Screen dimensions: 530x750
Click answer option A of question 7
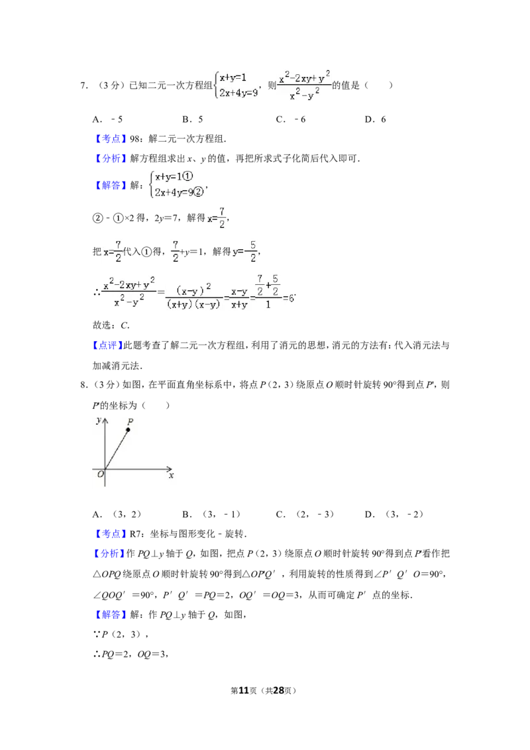pyautogui.click(x=107, y=119)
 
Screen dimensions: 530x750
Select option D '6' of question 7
pyautogui.click(x=376, y=119)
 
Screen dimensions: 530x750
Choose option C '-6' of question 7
pyautogui.click(x=291, y=119)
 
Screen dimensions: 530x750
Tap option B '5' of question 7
pyautogui.click(x=193, y=119)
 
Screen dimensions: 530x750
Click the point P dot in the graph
pyautogui.click(x=128, y=429)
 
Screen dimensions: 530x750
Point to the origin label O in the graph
pyautogui.click(x=101, y=474)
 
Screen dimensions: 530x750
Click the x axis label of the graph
pyautogui.click(x=171, y=476)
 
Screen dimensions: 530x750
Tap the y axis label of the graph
pyautogui.click(x=99, y=421)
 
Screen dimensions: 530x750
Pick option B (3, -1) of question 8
pyautogui.click(x=211, y=515)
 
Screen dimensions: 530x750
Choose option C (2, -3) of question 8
pyautogui.click(x=305, y=515)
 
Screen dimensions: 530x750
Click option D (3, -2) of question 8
pyautogui.click(x=394, y=515)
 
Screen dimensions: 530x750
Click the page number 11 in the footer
pyautogui.click(x=244, y=690)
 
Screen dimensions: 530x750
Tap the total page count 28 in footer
pyautogui.click(x=279, y=690)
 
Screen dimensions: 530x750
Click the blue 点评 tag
pyautogui.click(x=107, y=345)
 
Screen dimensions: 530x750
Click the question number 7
pyautogui.click(x=83, y=85)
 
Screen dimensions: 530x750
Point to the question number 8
pyautogui.click(x=83, y=385)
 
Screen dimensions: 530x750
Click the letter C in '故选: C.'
pyautogui.click(x=125, y=326)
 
